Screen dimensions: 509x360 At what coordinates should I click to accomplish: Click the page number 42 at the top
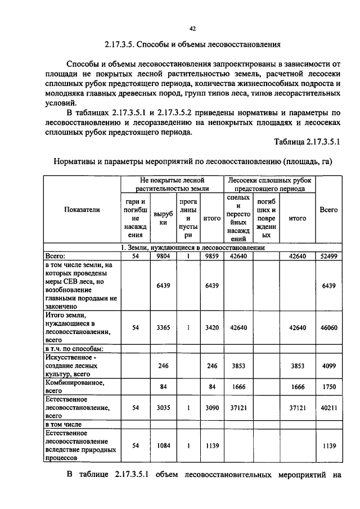[192, 28]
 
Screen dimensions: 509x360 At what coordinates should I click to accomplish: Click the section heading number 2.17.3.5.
[123, 44]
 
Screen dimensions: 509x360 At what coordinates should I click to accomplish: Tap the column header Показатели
[82, 210]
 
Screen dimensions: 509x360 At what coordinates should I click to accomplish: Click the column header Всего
[328, 210]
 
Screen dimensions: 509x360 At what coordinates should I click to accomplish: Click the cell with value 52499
[328, 256]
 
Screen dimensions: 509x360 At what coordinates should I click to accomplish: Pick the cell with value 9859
[211, 256]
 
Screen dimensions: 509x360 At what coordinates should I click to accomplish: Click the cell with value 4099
[328, 366]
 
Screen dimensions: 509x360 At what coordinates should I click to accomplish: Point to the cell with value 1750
[328, 386]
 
